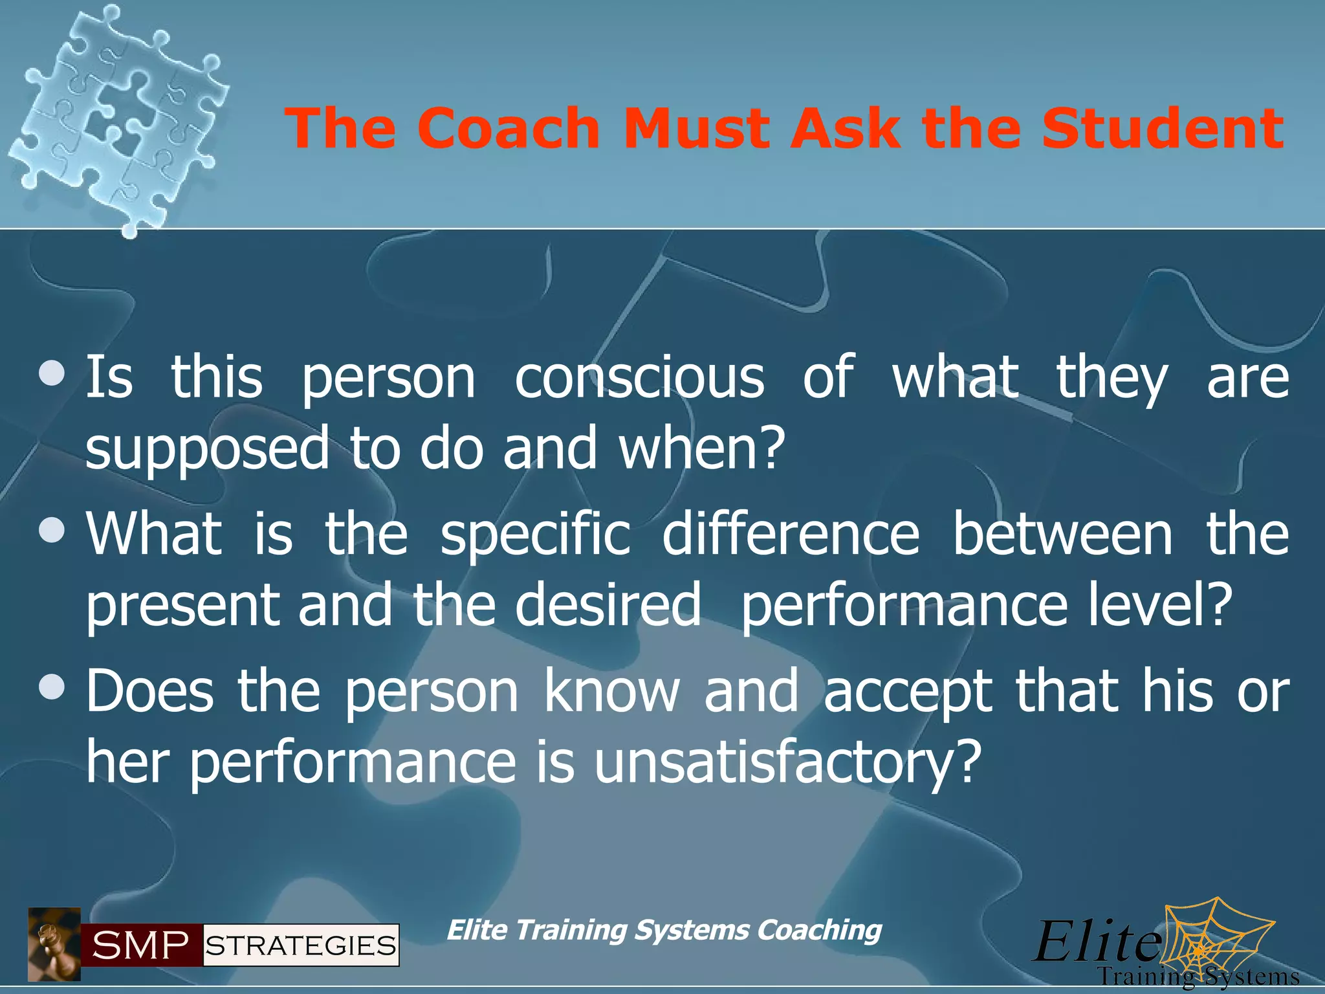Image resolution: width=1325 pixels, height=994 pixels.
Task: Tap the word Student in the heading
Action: point(1162,128)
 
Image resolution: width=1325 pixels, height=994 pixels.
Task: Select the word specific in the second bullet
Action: point(535,536)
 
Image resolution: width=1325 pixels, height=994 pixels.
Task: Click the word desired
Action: point(608,604)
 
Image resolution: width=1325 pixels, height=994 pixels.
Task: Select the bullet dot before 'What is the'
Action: point(52,530)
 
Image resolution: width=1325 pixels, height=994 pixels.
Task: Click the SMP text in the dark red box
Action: point(140,945)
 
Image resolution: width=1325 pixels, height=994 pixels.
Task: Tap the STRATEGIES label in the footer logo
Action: point(301,945)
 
